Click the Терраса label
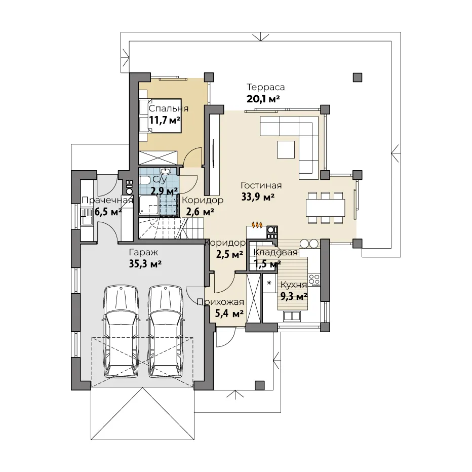265,87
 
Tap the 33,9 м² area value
258,197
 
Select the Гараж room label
144,252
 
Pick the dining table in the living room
326,208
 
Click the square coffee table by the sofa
286,149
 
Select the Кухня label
294,285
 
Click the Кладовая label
276,252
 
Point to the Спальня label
169,108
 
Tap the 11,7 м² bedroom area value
165,121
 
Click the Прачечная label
107,200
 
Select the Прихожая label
220,302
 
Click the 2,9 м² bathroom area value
165,191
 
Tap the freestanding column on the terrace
358,77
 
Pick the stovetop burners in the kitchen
314,280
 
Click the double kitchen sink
292,316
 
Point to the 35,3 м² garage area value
145,264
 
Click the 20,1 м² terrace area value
263,99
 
